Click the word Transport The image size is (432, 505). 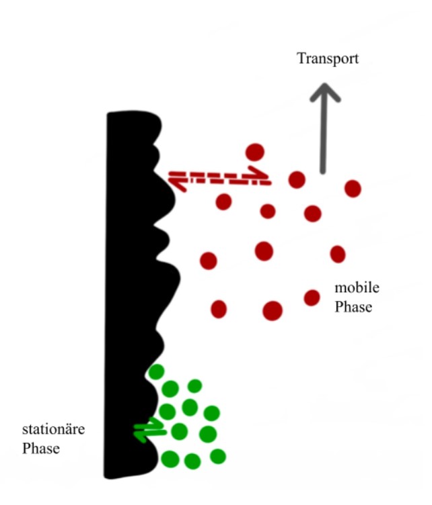click(328, 59)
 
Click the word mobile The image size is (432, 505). click(357, 287)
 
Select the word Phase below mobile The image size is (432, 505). click(353, 307)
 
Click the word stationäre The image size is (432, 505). click(53, 429)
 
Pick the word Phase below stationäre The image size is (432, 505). click(41, 449)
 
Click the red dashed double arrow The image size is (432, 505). click(219, 179)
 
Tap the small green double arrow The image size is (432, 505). click(150, 430)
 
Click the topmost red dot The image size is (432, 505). click(255, 152)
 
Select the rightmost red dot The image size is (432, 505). click(353, 189)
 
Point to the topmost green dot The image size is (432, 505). click(157, 371)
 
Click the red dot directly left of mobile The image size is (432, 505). click(312, 297)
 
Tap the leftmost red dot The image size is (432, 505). click(209, 261)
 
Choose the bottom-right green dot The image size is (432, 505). click(218, 457)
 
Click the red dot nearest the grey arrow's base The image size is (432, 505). click(297, 180)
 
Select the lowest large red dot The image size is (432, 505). click(273, 311)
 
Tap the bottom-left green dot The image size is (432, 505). click(170, 459)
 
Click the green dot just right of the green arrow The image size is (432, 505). click(180, 432)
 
